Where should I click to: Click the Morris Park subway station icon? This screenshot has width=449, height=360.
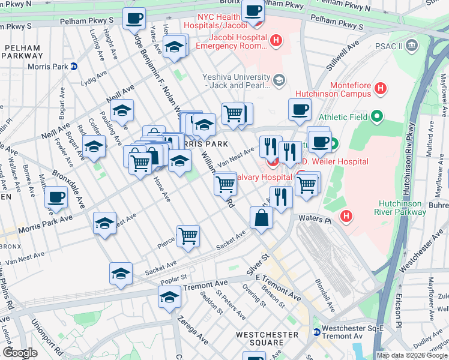click(73, 67)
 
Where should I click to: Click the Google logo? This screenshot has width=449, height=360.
click(20, 353)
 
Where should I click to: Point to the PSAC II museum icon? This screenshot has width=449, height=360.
click(411, 44)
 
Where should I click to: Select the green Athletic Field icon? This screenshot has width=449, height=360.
click(376, 116)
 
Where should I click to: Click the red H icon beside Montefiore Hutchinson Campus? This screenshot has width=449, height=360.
click(379, 89)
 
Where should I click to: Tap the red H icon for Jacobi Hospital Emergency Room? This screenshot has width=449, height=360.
click(276, 41)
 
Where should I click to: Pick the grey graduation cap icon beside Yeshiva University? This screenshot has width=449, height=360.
click(279, 80)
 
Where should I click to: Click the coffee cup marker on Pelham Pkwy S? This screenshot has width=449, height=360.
click(134, 18)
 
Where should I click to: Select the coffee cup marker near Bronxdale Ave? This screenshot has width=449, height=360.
click(56, 197)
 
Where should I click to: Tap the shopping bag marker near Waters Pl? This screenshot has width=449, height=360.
click(261, 218)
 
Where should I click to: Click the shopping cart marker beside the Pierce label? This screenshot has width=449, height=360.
click(188, 236)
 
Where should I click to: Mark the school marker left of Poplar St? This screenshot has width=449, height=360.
click(121, 273)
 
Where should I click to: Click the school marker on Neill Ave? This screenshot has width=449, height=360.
click(122, 111)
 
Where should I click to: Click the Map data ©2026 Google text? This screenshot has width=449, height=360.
click(412, 355)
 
